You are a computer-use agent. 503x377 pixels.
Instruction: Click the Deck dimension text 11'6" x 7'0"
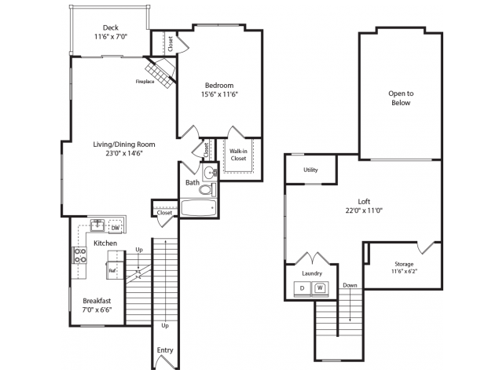111,37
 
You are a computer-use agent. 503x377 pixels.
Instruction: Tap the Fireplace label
145,82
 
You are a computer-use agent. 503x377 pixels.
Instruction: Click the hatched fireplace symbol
160,73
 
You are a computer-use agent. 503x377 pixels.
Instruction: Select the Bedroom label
219,86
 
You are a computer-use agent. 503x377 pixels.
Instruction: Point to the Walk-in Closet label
238,155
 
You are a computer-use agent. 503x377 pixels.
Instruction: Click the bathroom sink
210,173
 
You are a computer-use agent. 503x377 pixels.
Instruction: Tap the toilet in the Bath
207,190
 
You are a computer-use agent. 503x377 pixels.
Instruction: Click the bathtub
198,207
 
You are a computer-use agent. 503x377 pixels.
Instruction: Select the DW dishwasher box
116,228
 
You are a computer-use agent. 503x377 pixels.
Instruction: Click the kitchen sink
97,225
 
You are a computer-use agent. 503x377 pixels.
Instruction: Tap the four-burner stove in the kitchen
80,255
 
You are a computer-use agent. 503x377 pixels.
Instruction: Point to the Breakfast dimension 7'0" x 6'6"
97,310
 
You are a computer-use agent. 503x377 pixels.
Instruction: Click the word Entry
165,350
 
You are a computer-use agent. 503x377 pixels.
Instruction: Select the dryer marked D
303,288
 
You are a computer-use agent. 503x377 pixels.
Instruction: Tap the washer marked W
320,288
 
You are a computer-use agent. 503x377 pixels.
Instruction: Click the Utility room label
310,170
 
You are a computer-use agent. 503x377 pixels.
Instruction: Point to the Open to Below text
401,98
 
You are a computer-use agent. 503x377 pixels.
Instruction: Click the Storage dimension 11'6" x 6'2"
404,271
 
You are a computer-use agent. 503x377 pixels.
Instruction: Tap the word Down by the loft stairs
350,285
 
